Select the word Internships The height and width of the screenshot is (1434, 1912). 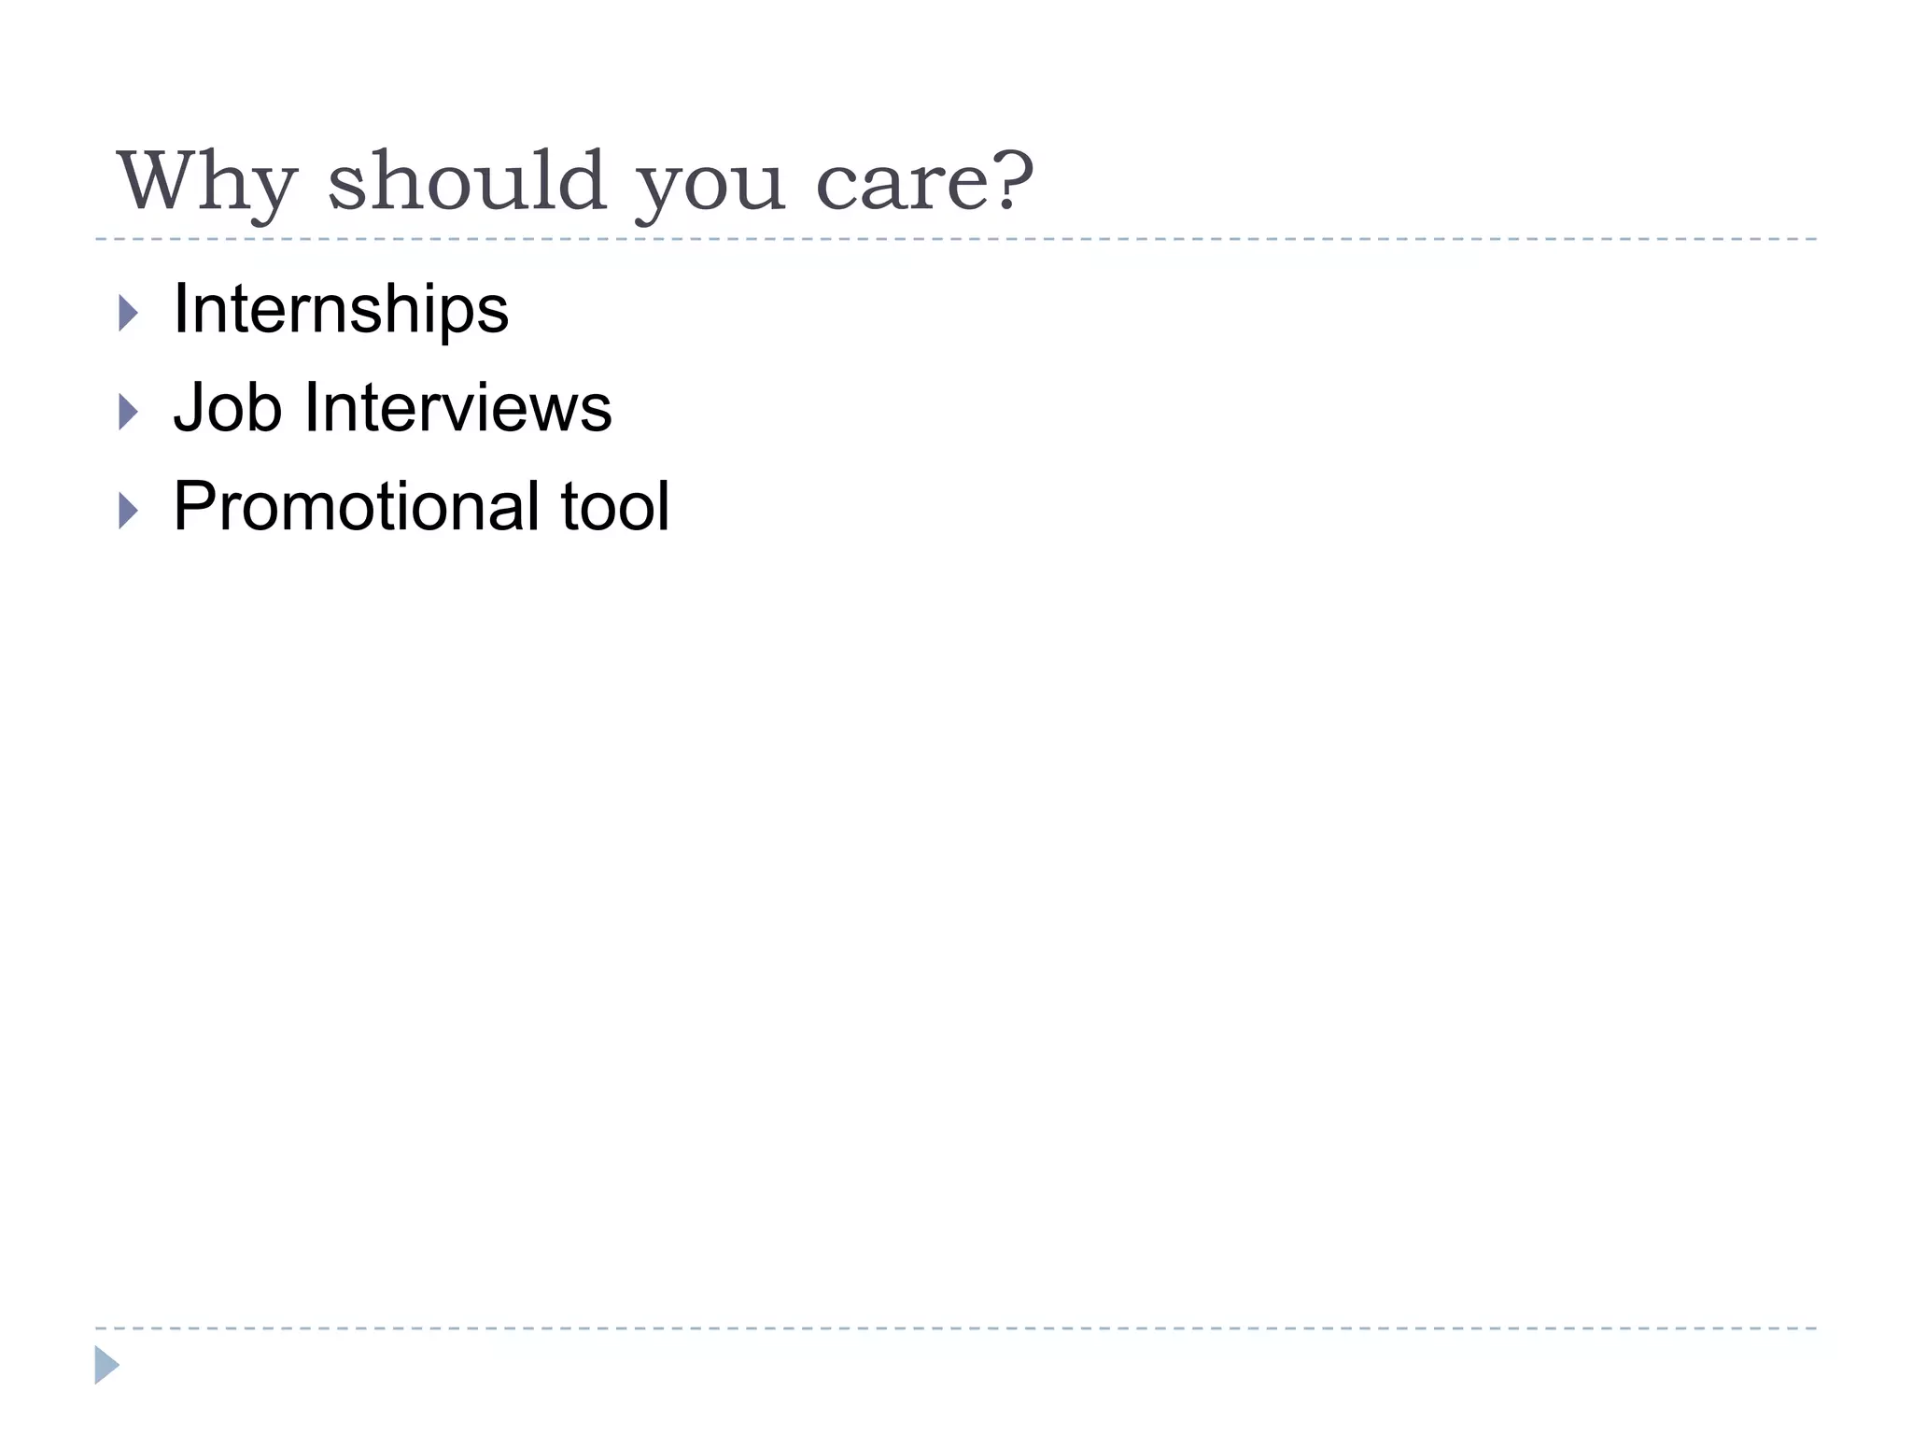341,309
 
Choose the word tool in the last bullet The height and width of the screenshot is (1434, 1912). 614,506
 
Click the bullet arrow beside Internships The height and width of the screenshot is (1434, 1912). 129,314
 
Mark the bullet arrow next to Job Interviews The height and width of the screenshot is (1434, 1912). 129,413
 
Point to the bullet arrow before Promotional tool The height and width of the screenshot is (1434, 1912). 129,512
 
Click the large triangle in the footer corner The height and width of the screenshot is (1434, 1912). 105,1365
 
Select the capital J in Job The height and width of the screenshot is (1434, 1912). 190,408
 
